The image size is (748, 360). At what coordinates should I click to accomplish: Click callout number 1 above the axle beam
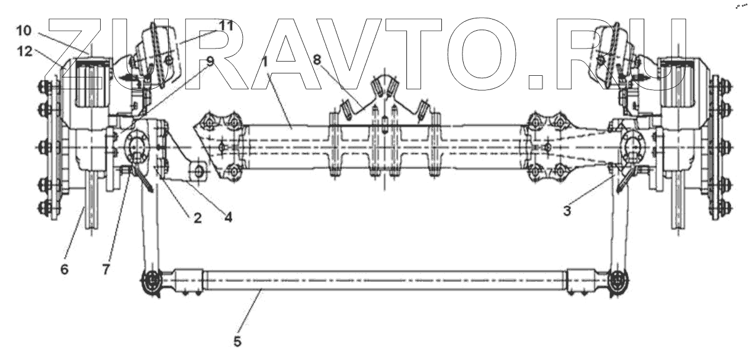(x=265, y=61)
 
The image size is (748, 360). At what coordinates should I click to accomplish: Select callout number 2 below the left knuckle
(x=197, y=217)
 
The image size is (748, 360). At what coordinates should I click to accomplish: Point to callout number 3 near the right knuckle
(x=567, y=210)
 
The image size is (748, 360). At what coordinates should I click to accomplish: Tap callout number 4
(x=228, y=217)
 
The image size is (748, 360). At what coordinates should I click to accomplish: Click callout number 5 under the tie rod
(x=237, y=342)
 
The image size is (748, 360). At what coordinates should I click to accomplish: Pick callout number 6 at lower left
(x=64, y=269)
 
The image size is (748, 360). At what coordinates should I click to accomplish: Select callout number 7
(x=105, y=269)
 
